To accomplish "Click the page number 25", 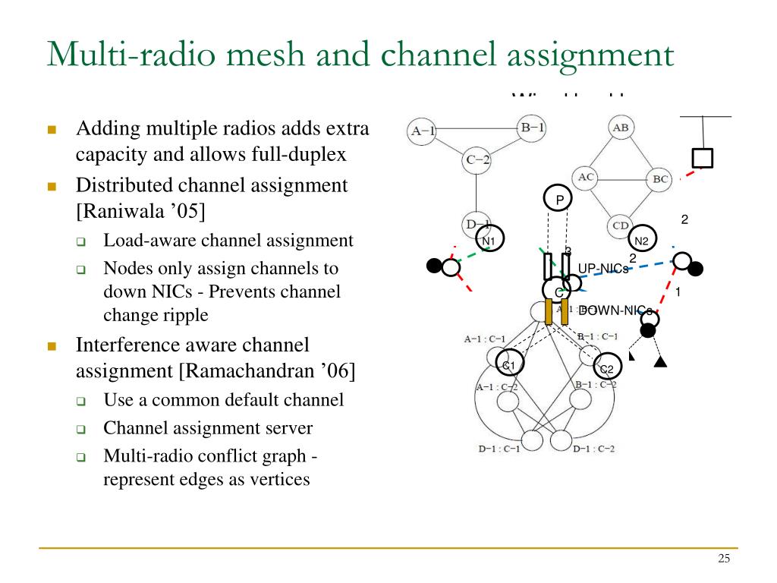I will tap(724, 559).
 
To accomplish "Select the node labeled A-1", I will tap(423, 131).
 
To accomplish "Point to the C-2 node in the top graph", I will tap(478, 160).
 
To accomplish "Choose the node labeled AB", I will tap(621, 128).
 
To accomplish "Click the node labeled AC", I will tap(586, 178).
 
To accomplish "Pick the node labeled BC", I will tap(660, 179).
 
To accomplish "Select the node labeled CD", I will tap(621, 225).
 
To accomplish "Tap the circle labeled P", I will tap(560, 200).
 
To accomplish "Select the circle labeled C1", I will tap(509, 365).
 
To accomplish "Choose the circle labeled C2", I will tap(607, 369).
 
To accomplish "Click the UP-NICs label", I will tap(603, 268).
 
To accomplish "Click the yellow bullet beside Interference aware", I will tap(52, 346).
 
